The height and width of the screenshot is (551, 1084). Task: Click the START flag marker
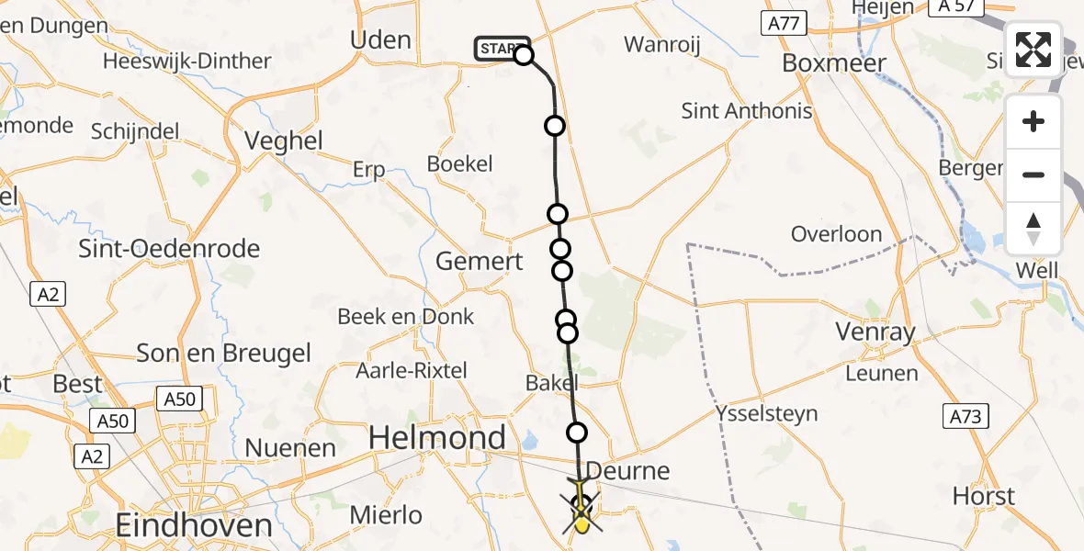(502, 49)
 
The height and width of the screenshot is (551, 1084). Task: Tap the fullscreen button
(1033, 50)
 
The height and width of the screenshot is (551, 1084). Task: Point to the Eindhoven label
(194, 526)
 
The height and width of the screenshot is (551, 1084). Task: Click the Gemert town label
(479, 261)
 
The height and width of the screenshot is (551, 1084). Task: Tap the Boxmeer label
(834, 63)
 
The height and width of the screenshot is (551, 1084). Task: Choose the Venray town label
(875, 332)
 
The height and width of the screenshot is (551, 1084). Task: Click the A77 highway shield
(783, 24)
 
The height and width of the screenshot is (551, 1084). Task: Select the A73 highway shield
(966, 417)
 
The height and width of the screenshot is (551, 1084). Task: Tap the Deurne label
(627, 472)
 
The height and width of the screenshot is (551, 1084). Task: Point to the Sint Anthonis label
(747, 111)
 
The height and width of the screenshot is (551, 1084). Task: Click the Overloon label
(836, 234)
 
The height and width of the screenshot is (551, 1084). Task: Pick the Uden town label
(380, 39)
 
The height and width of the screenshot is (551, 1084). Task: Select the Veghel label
(285, 141)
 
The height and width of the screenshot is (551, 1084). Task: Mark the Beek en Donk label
(406, 317)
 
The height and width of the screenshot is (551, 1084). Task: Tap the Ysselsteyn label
(767, 413)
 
